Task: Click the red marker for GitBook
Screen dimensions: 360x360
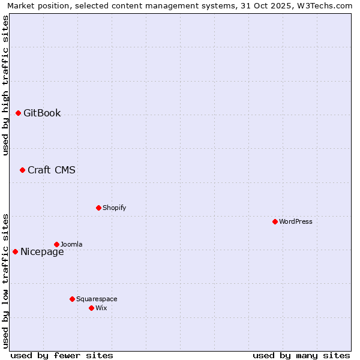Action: (x=18, y=113)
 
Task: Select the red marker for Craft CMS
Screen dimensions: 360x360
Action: (x=22, y=170)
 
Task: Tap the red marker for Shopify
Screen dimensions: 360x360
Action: (x=98, y=208)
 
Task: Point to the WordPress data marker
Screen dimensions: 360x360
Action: (x=275, y=221)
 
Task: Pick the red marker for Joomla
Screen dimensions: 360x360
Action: (x=56, y=244)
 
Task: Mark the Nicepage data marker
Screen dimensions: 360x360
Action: (x=15, y=251)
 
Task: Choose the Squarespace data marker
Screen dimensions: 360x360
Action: (x=72, y=299)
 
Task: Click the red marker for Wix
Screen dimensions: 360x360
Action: (x=91, y=308)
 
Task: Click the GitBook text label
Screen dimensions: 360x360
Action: (x=42, y=113)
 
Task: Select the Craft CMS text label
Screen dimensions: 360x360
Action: (x=52, y=170)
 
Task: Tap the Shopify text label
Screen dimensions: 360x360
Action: (x=114, y=208)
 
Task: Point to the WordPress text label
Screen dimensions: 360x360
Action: (x=296, y=221)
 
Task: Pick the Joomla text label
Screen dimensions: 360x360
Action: (x=71, y=244)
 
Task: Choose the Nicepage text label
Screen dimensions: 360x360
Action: (x=42, y=251)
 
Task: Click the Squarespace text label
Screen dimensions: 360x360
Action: (x=97, y=299)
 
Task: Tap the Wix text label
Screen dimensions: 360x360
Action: (x=101, y=308)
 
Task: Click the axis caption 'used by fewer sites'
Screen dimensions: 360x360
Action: (x=62, y=355)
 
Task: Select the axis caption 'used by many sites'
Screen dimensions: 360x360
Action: (x=301, y=355)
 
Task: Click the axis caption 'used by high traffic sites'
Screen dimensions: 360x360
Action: (x=5, y=85)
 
